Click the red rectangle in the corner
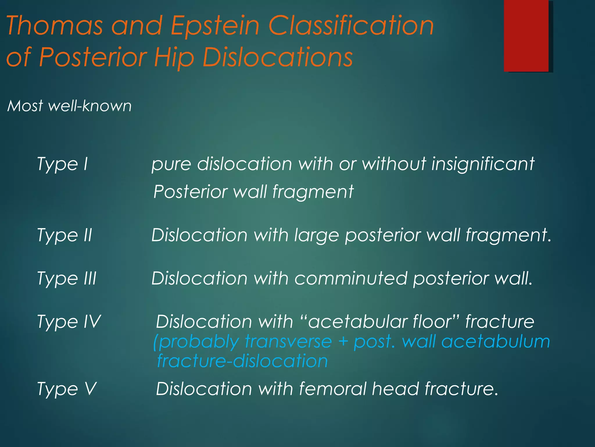pyautogui.click(x=526, y=36)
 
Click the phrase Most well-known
pyautogui.click(x=69, y=106)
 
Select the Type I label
pyautogui.click(x=62, y=164)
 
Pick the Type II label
pyautogui.click(x=64, y=235)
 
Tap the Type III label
pyautogui.click(x=67, y=279)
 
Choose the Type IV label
pyautogui.click(x=69, y=322)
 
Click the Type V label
pyautogui.click(x=67, y=389)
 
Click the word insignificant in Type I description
pyautogui.click(x=483, y=164)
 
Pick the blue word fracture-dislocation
pyautogui.click(x=242, y=361)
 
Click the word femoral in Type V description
pyautogui.click(x=332, y=389)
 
